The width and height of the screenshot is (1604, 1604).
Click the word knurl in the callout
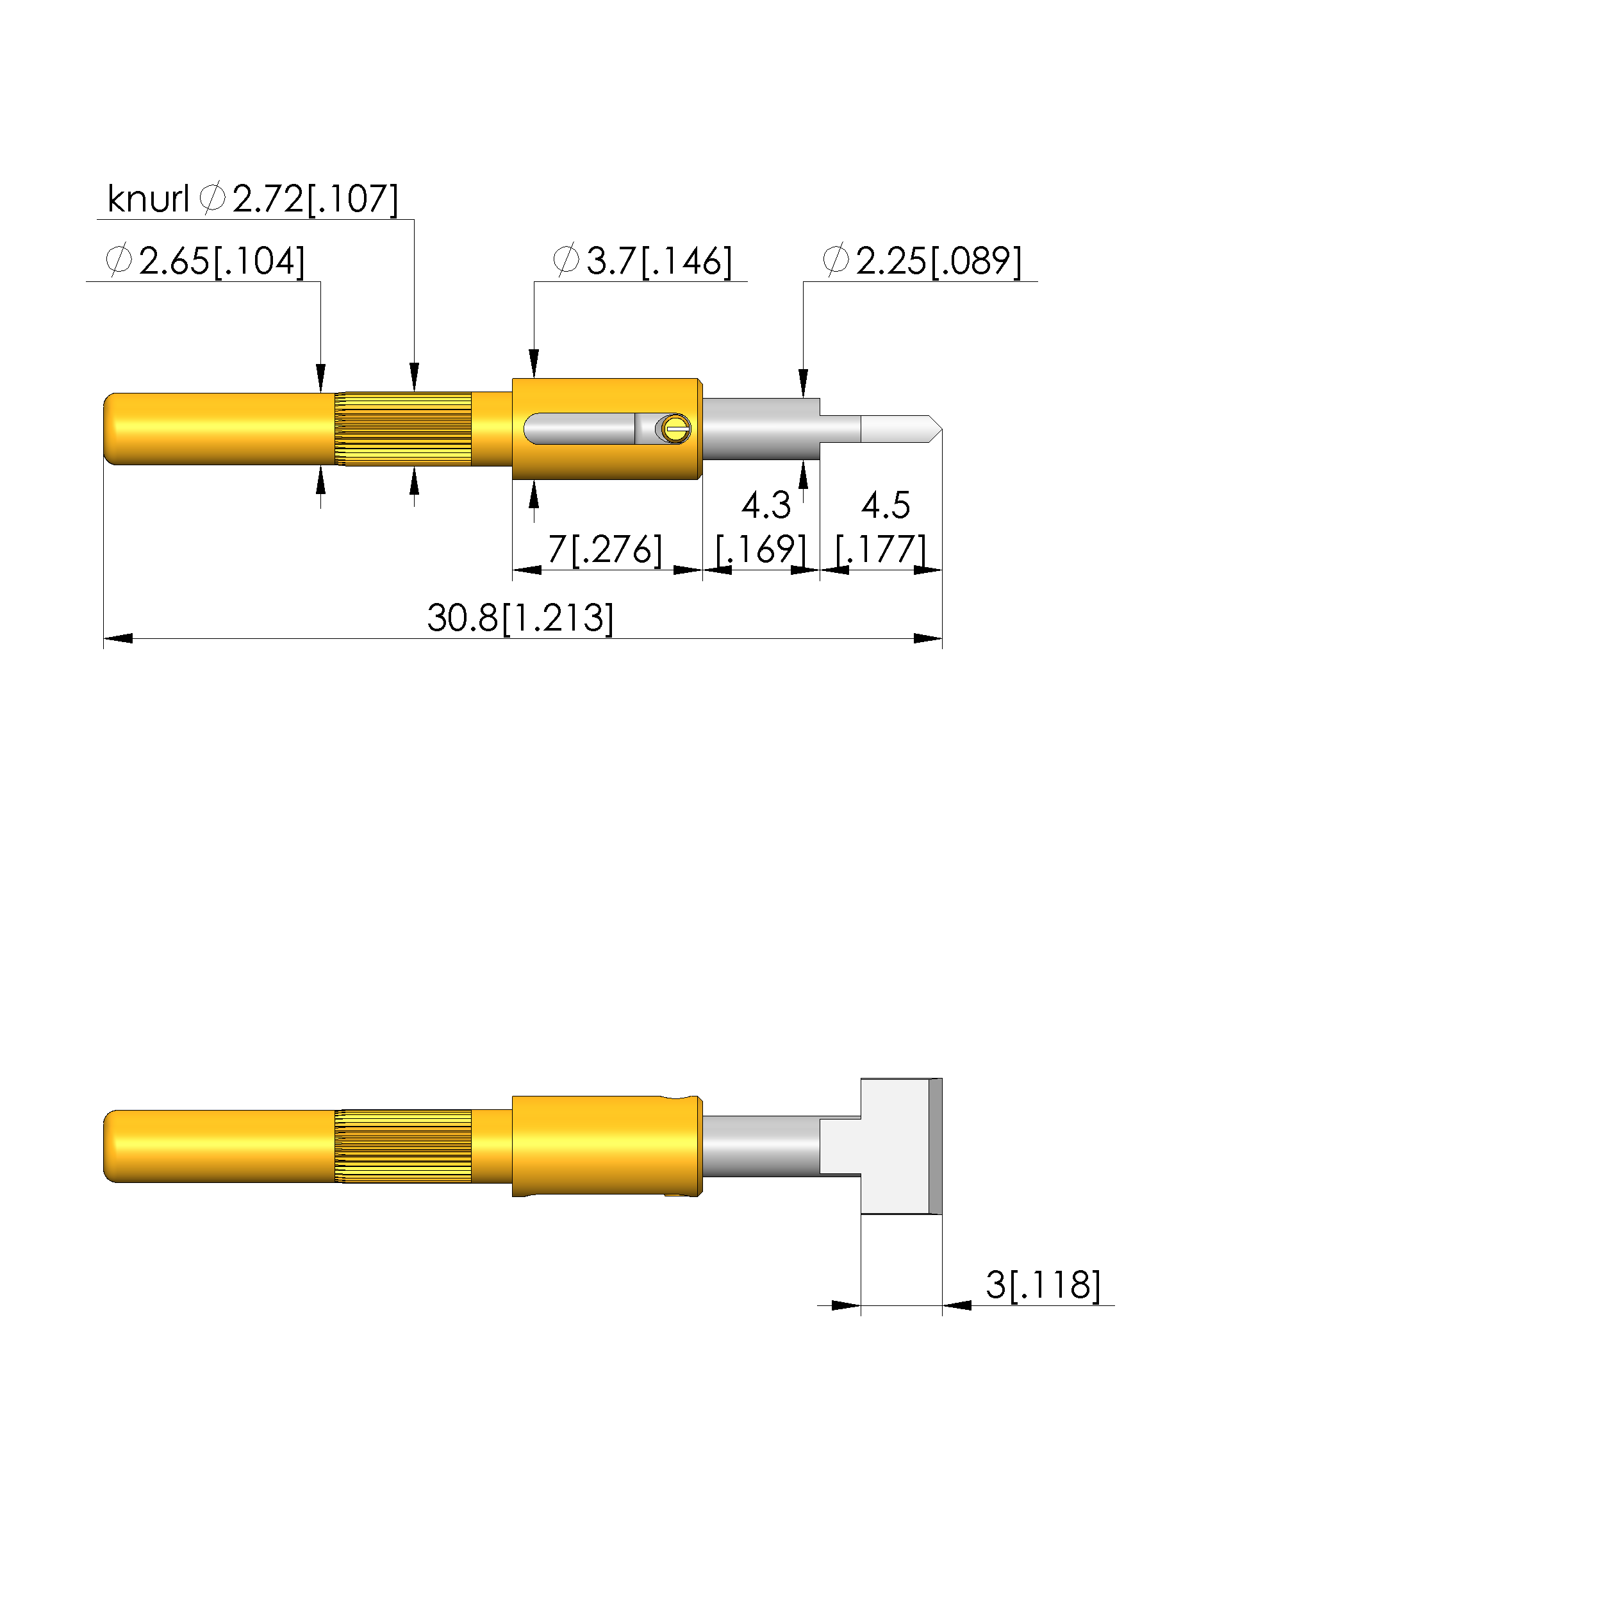[149, 199]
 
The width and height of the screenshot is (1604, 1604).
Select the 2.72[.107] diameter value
[315, 199]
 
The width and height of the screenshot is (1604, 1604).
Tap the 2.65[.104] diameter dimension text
[222, 261]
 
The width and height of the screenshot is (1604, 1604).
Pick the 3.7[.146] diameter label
[659, 261]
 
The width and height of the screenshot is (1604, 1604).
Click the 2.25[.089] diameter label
[939, 261]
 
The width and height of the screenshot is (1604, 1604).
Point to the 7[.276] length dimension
[605, 550]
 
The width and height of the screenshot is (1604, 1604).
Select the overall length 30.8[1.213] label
[520, 618]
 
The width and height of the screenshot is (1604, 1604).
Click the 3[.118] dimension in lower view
[1043, 1286]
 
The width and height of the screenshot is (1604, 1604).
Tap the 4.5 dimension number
[885, 505]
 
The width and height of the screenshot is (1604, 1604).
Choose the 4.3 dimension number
[765, 505]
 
